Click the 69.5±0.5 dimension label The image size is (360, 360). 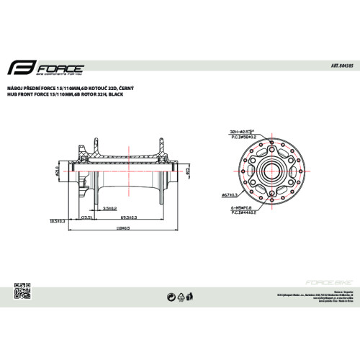(129, 216)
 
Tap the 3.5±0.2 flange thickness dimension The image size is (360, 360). (109, 207)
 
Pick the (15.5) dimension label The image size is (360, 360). (87, 216)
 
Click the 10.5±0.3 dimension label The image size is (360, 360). (58, 222)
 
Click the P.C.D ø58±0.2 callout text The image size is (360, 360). (244, 138)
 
